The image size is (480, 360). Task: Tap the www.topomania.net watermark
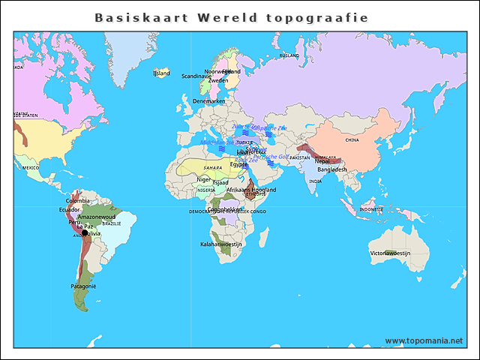(424, 340)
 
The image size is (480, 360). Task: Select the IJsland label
(161, 73)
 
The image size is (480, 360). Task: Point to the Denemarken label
(208, 100)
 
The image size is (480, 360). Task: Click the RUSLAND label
(289, 55)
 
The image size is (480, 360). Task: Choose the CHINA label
(352, 139)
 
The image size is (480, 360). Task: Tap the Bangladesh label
(332, 169)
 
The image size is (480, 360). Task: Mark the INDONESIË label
(372, 209)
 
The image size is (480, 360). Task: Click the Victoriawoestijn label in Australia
(390, 253)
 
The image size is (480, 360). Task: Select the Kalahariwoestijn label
(221, 244)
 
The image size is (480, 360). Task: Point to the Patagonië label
(83, 286)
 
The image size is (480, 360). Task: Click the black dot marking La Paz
(85, 233)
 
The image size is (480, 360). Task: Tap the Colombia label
(78, 201)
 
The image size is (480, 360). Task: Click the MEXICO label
(30, 168)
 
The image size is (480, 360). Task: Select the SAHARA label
(213, 167)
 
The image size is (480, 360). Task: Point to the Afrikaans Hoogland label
(251, 190)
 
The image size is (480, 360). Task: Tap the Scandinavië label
(196, 76)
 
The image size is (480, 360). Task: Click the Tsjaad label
(220, 182)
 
